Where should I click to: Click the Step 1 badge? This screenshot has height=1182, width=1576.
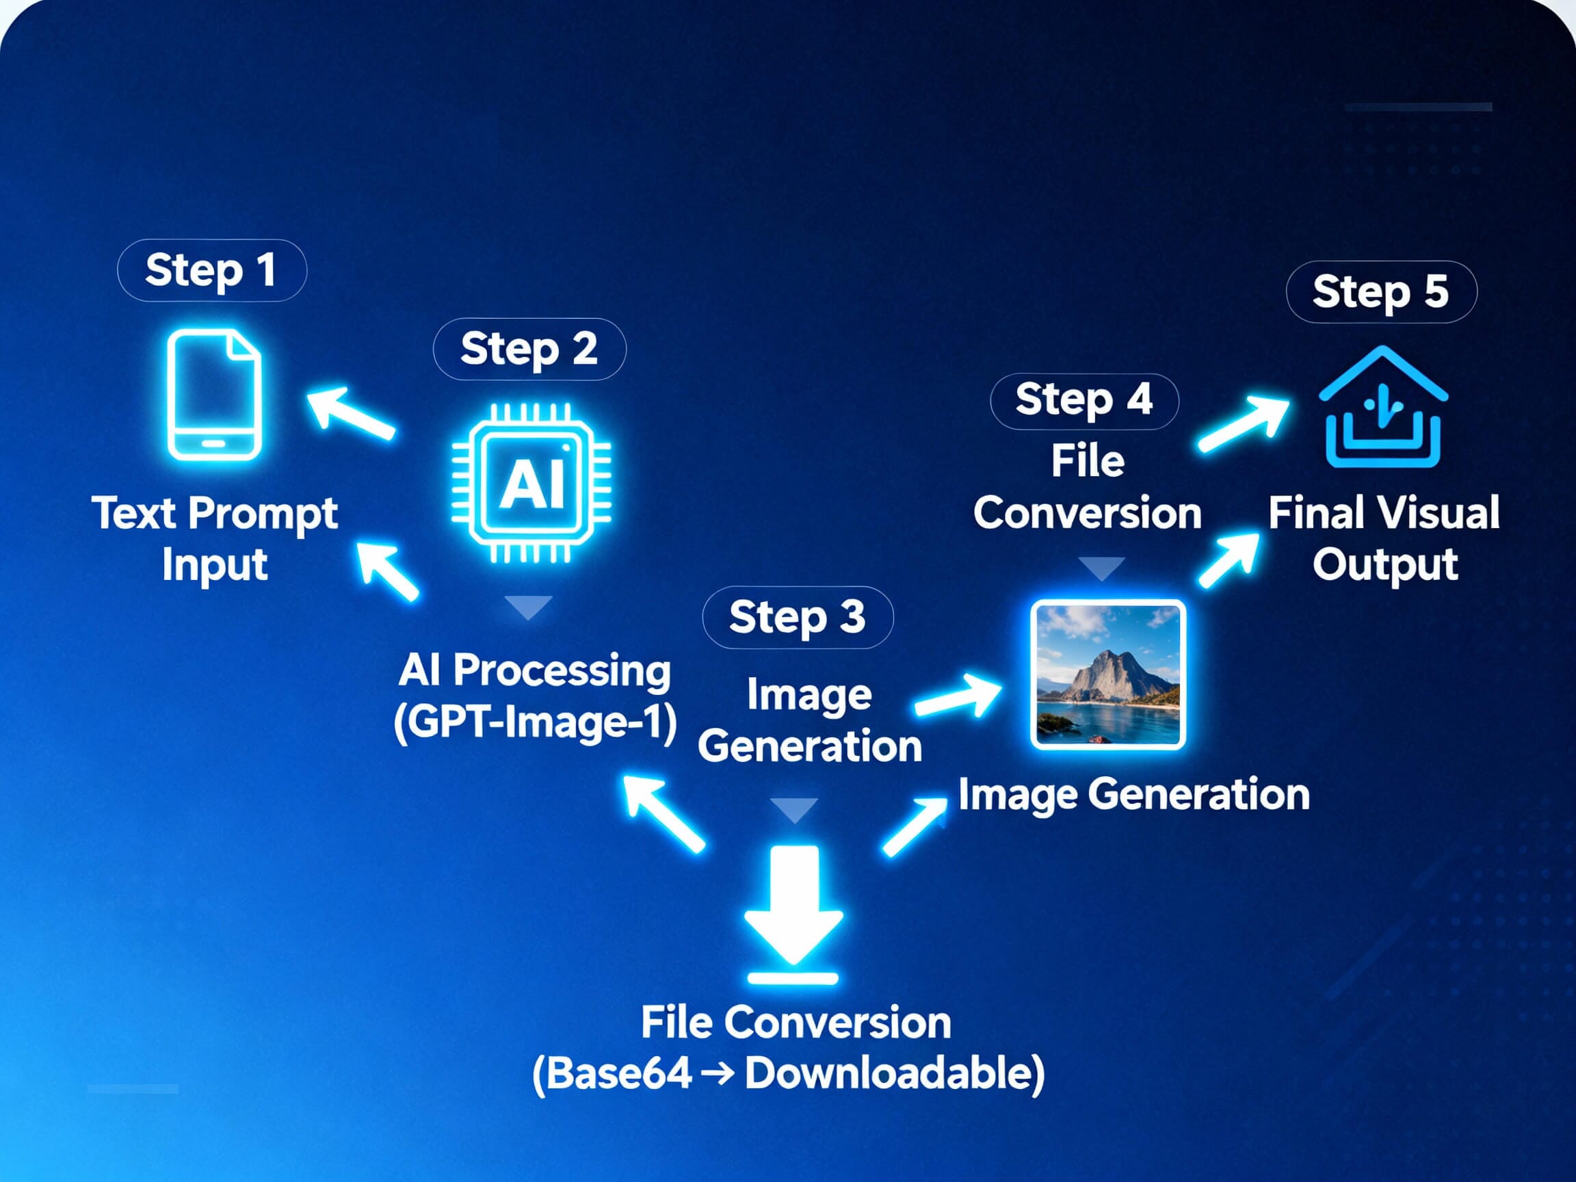coord(211,270)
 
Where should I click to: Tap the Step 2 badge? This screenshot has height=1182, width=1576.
coord(529,349)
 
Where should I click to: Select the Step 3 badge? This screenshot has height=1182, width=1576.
coord(798,617)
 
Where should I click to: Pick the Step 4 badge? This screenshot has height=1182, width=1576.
coord(1083,401)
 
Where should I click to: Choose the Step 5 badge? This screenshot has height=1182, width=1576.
coord(1381,292)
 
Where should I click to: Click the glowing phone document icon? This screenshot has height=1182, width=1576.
coord(213,395)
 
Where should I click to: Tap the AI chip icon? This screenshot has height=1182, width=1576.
coord(531,482)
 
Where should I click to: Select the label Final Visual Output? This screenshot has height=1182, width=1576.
coord(1384,538)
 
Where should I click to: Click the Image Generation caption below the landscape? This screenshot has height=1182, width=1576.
coord(1133,794)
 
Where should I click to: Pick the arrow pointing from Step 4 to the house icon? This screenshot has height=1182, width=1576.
coord(1244,424)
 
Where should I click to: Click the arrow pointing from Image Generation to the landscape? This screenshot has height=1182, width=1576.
coord(958,697)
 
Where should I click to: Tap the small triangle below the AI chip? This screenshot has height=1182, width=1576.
coord(528,607)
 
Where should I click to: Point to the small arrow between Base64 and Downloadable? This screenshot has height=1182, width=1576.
coord(718,1073)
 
